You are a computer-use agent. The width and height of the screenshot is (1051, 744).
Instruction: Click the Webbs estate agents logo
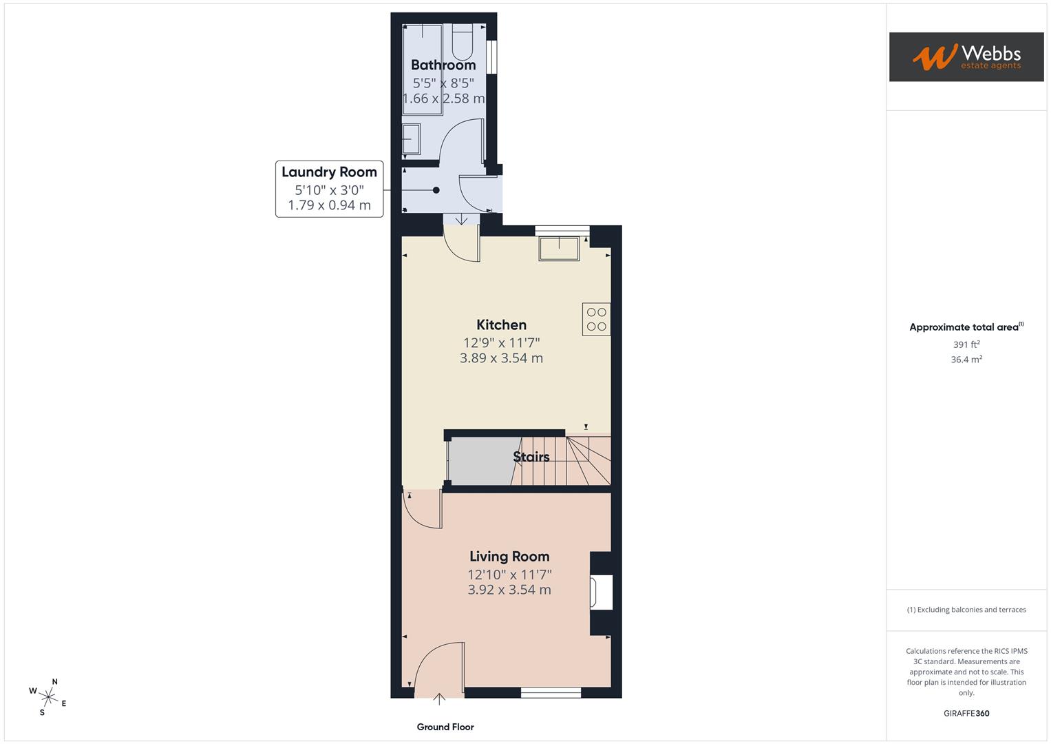(966, 56)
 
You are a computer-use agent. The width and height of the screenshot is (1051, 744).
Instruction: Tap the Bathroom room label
(443, 65)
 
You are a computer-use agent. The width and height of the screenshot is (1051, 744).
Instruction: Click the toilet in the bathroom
(462, 43)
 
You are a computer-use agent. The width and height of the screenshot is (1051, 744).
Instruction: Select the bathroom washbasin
(412, 139)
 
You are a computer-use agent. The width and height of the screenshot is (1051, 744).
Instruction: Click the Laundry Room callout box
(329, 188)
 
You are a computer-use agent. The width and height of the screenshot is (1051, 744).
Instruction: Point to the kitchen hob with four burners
(596, 319)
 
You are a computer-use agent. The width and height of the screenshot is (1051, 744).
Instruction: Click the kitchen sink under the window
(559, 248)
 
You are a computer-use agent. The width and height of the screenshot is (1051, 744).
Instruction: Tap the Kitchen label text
(501, 324)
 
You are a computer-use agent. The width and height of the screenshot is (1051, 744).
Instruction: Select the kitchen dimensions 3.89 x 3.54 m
(501, 358)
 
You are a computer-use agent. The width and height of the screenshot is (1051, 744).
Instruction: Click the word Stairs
(531, 457)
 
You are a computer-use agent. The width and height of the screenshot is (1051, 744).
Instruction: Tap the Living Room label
(509, 556)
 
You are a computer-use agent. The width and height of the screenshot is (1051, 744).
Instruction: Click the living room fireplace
(601, 592)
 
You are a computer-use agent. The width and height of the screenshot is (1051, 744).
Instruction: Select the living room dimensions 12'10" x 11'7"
(509, 574)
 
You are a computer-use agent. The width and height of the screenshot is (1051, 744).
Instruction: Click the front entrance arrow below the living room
(439, 700)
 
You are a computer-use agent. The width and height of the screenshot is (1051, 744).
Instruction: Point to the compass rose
(47, 696)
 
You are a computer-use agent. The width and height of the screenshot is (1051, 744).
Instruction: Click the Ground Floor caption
(445, 727)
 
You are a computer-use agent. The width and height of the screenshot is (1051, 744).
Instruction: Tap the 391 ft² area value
(966, 344)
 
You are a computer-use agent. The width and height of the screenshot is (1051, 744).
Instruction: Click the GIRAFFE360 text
(966, 713)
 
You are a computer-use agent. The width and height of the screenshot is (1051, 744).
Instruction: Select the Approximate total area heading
(966, 327)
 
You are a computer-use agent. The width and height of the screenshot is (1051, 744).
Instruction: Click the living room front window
(551, 692)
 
